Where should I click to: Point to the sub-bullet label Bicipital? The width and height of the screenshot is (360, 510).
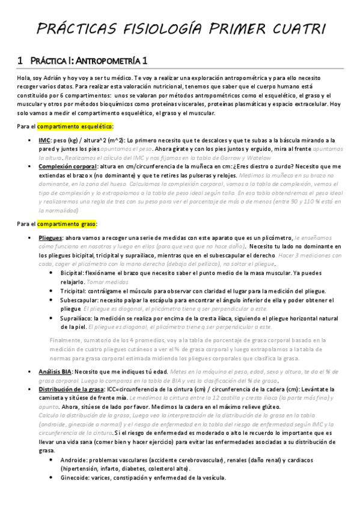(73, 272)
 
